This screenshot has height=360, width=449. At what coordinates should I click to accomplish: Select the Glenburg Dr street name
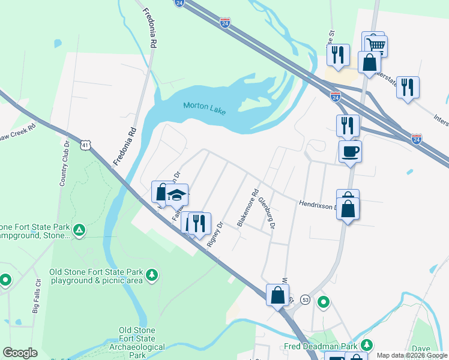coord(267,214)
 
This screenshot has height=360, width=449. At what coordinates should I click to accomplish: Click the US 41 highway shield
coord(86,146)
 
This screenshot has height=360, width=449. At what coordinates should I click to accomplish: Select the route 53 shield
coord(306,299)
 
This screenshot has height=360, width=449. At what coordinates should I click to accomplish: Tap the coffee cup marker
coord(350,151)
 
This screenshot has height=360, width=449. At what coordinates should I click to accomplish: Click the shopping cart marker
coord(376,44)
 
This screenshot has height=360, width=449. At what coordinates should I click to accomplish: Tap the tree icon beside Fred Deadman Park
coord(366,346)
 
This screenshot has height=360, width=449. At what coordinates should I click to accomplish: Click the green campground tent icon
coord(79,230)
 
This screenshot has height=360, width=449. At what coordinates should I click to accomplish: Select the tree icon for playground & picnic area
coord(153,275)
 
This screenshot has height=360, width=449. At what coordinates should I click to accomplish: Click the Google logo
coord(20,353)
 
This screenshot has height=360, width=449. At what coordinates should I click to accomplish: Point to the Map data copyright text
coord(412,355)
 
